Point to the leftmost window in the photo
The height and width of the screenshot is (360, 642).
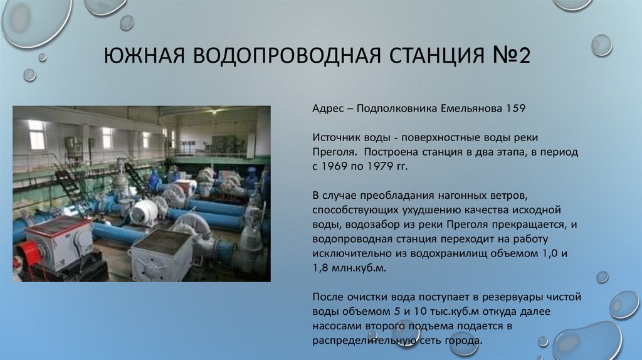(x=37, y=134)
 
